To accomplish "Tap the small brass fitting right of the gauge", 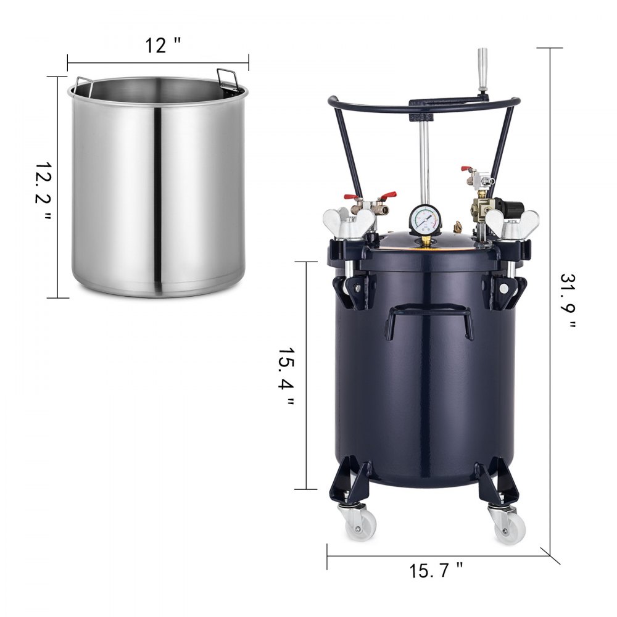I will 458,228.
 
